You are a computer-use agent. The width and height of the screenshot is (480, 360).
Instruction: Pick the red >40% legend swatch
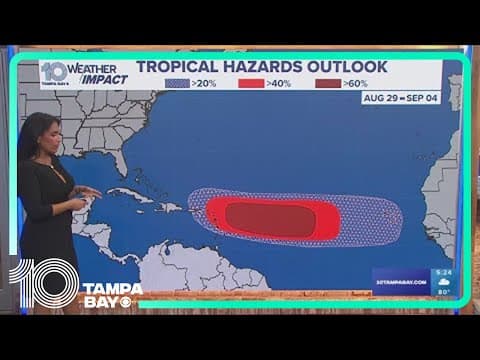[x=251, y=83]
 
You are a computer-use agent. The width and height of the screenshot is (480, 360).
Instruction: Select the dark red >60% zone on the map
[x=268, y=216]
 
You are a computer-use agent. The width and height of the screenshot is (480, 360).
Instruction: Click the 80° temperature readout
[x=443, y=293]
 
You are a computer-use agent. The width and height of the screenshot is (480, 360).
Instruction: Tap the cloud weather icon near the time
[x=443, y=282]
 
